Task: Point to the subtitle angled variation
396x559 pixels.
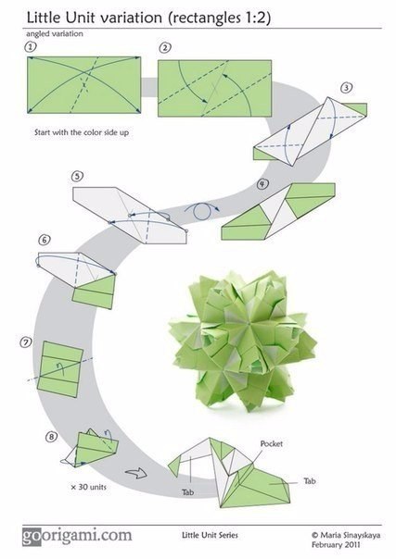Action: (x=55, y=34)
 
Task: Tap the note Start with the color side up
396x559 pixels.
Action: (x=82, y=132)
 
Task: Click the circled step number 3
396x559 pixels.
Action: (x=346, y=88)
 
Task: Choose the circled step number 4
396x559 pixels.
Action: (x=262, y=184)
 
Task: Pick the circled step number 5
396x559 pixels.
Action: (x=77, y=177)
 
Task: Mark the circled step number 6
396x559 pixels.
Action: (x=45, y=240)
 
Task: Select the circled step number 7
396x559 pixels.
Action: (x=26, y=342)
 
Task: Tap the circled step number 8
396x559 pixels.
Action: (x=51, y=436)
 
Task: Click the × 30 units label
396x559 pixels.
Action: (x=88, y=487)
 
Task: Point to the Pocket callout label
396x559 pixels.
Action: (x=272, y=444)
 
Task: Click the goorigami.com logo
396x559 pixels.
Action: (x=77, y=536)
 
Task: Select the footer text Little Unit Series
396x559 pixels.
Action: (x=210, y=535)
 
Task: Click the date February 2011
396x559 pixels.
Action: (x=336, y=545)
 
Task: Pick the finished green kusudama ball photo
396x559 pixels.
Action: (x=242, y=341)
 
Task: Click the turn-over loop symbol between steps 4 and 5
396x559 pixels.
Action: (x=202, y=211)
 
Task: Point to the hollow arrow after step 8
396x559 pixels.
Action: (x=136, y=473)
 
